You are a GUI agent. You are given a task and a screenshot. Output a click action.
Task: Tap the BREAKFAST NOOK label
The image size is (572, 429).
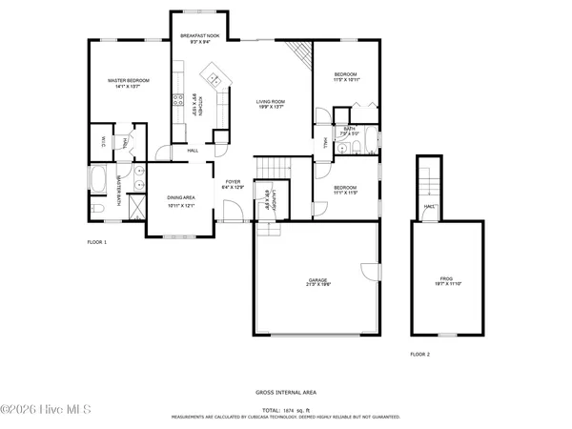200,36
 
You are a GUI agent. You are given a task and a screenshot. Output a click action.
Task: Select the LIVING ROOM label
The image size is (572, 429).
271,101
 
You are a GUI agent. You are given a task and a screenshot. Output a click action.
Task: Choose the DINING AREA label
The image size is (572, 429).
181,200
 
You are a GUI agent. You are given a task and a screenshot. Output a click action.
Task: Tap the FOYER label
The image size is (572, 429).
234,181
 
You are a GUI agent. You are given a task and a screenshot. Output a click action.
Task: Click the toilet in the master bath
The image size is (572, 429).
100,208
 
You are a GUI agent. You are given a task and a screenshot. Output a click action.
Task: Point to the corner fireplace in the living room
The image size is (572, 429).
301,57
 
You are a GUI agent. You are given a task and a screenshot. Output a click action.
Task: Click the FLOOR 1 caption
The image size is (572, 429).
97,243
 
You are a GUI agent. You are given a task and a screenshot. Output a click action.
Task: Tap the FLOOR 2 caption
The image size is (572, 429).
420,354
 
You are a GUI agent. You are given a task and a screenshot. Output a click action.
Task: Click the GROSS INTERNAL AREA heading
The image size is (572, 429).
286,392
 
